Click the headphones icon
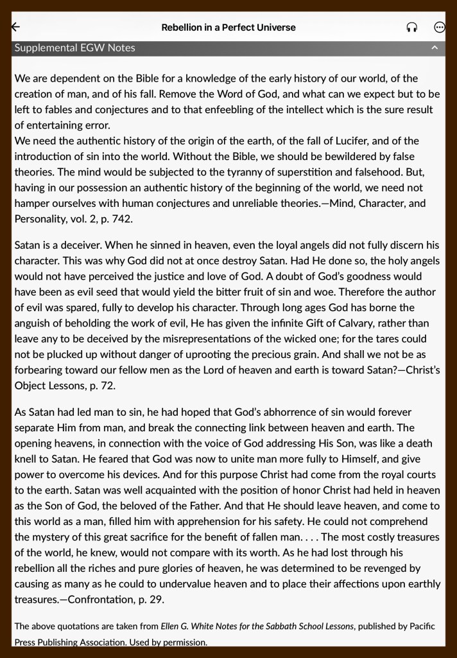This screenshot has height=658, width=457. pos(412,28)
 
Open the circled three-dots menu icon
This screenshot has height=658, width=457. pos(440,28)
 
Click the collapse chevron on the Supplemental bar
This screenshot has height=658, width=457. pos(435,48)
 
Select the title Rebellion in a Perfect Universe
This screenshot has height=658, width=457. pos(229,28)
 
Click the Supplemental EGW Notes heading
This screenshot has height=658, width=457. pos(75,48)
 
